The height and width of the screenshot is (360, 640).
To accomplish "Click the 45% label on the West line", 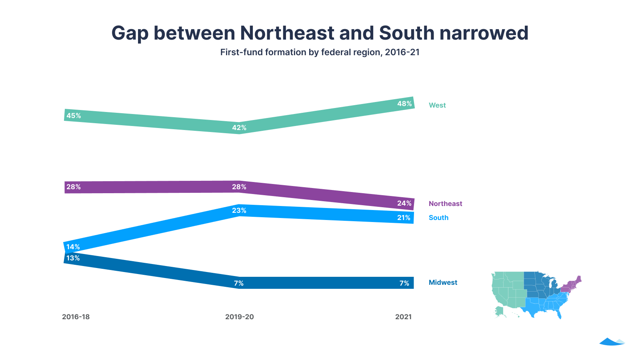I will tap(74, 116).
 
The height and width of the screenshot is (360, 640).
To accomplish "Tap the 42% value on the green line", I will tap(239, 128).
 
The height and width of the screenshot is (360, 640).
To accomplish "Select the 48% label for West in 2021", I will tap(404, 104).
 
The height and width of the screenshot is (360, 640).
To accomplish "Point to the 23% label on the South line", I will tap(239, 210).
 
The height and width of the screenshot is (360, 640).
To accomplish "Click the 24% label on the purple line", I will tap(404, 203).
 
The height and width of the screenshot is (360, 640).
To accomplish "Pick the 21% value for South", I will tap(404, 218).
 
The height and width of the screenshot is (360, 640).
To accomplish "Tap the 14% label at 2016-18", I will tap(73, 247).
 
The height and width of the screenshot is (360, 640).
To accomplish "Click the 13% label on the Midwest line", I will tap(73, 258).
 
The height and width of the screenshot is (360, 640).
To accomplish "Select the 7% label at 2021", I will tap(404, 283).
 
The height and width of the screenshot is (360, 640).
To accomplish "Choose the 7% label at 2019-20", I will tap(239, 283).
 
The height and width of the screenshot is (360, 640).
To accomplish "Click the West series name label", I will tap(437, 105).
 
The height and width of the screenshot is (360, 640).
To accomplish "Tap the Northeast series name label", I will tap(445, 204).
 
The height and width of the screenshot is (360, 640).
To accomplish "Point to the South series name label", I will tap(438, 218).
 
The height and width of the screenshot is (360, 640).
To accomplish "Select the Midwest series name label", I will tap(443, 282).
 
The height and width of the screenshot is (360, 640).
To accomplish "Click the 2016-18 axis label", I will tap(76, 317).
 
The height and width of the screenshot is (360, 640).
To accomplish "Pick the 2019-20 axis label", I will tap(239, 317).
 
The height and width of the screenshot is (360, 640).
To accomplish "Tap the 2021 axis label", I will tap(403, 317).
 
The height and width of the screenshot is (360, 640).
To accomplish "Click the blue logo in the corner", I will tap(612, 342).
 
